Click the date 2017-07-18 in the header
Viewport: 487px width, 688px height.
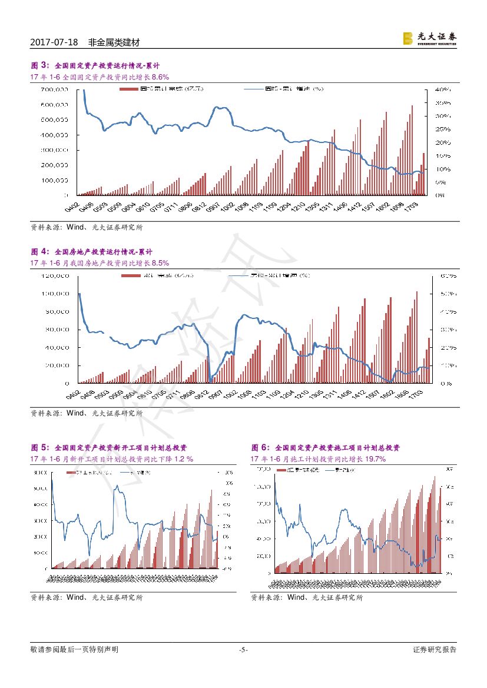tap(54, 42)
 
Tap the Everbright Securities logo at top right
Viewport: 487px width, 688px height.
tap(429, 38)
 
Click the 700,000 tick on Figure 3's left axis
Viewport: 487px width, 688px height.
tap(55, 89)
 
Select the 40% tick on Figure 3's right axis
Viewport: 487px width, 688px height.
tap(443, 89)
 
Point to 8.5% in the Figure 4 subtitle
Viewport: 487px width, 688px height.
tap(160, 263)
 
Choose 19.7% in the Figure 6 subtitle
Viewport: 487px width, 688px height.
tap(375, 459)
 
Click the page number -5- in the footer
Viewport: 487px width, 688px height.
tap(243, 650)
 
